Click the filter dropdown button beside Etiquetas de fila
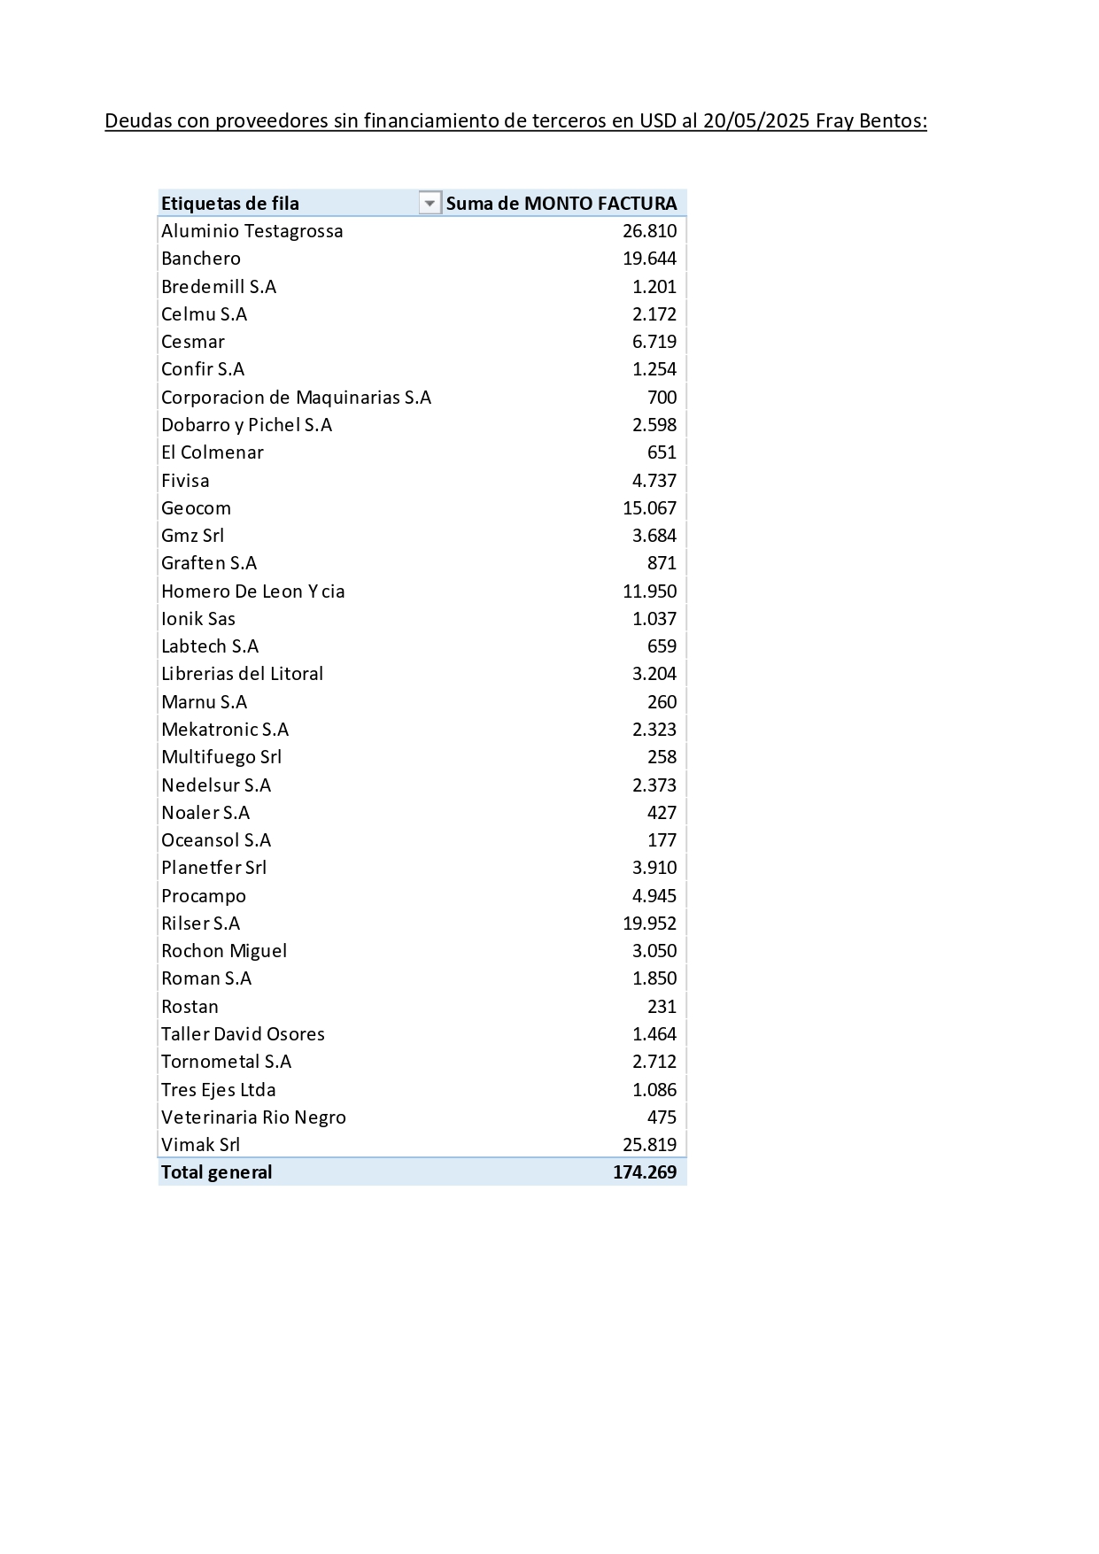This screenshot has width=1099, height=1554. click(x=430, y=204)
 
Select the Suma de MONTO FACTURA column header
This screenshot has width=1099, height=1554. click(x=561, y=204)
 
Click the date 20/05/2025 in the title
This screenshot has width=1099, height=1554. click(x=756, y=121)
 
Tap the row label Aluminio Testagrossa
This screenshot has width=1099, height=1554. click(x=252, y=231)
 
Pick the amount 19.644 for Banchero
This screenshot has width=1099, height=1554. click(x=649, y=259)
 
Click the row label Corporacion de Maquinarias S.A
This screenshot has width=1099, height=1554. click(x=296, y=398)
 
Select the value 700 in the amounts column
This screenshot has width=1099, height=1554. click(x=662, y=398)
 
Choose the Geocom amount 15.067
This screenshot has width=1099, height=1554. click(x=649, y=508)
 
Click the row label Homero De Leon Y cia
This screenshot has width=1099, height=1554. click(x=253, y=591)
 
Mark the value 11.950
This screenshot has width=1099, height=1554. click(x=649, y=591)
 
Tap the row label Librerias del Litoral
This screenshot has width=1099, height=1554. click(x=242, y=674)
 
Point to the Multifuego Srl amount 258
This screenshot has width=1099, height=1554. click(x=662, y=757)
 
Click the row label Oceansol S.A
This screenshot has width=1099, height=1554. click(x=216, y=840)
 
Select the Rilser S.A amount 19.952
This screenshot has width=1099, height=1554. click(x=649, y=924)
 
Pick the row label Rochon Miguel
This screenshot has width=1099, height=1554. click(x=224, y=951)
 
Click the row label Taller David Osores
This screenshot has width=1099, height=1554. click(x=243, y=1034)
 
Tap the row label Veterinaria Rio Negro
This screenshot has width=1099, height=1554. click(x=253, y=1117)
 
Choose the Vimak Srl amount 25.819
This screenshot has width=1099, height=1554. click(x=649, y=1145)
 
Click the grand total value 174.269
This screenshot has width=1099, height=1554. click(x=645, y=1172)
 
